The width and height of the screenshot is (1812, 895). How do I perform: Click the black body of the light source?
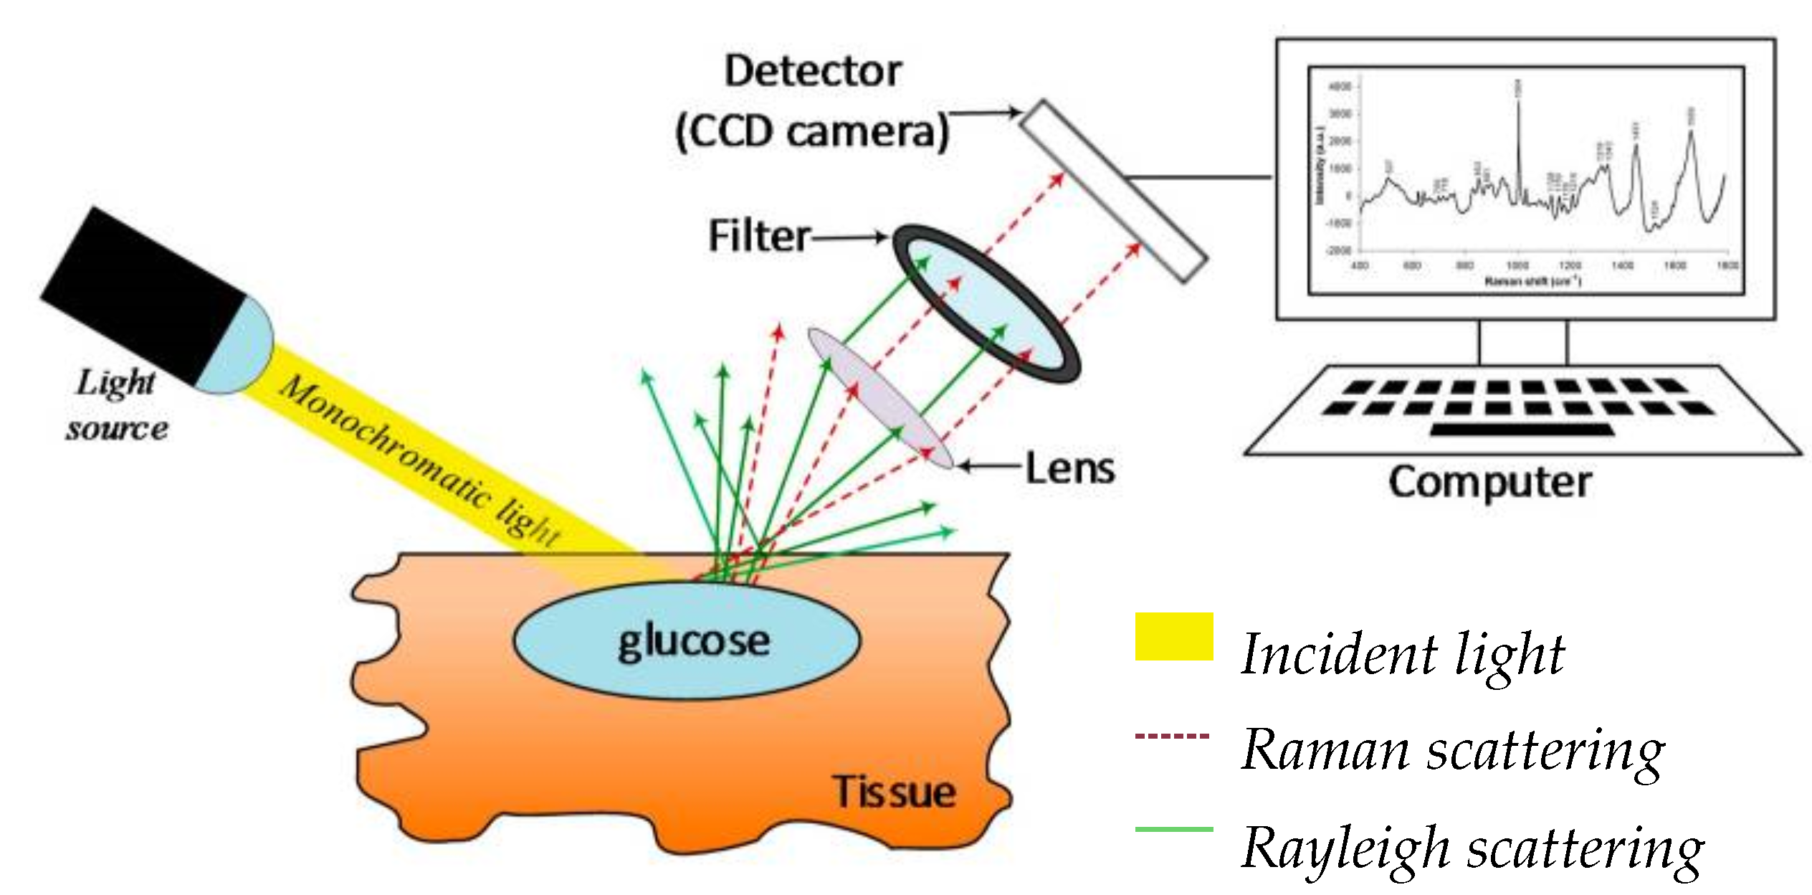point(143,294)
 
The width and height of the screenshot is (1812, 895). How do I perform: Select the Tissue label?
point(893,792)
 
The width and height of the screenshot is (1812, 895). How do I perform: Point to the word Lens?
point(1069,468)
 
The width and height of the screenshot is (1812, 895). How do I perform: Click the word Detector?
point(812,71)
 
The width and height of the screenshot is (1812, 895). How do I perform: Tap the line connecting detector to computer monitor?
point(1197,176)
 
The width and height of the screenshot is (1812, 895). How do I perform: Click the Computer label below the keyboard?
point(1489,482)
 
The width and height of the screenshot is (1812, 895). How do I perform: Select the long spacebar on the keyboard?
point(1521,430)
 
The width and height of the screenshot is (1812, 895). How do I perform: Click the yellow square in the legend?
point(1173,636)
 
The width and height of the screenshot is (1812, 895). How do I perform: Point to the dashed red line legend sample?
point(1172,736)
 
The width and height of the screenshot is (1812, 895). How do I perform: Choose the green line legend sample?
point(1173,829)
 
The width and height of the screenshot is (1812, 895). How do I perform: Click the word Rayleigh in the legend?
point(1345,848)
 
